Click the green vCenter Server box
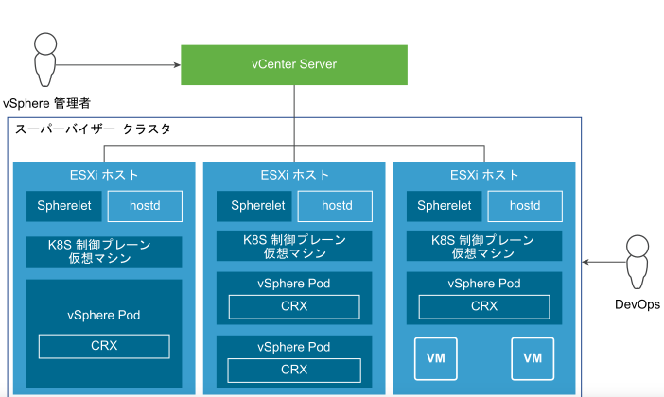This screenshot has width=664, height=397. pos(294,65)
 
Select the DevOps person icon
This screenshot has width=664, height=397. pos(636,262)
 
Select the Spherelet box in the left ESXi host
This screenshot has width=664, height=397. pos(63,205)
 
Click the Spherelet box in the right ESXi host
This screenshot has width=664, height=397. pos(445,205)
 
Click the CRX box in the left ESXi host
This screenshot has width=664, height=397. pos(104,346)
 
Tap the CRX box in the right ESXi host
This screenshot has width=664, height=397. pos(483,305)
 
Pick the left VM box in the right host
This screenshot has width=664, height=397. pos(436,357)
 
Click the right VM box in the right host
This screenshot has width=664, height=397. pos(532,357)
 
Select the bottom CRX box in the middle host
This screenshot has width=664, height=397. pos(294,369)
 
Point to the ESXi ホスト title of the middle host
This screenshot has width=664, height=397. pos(295,175)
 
